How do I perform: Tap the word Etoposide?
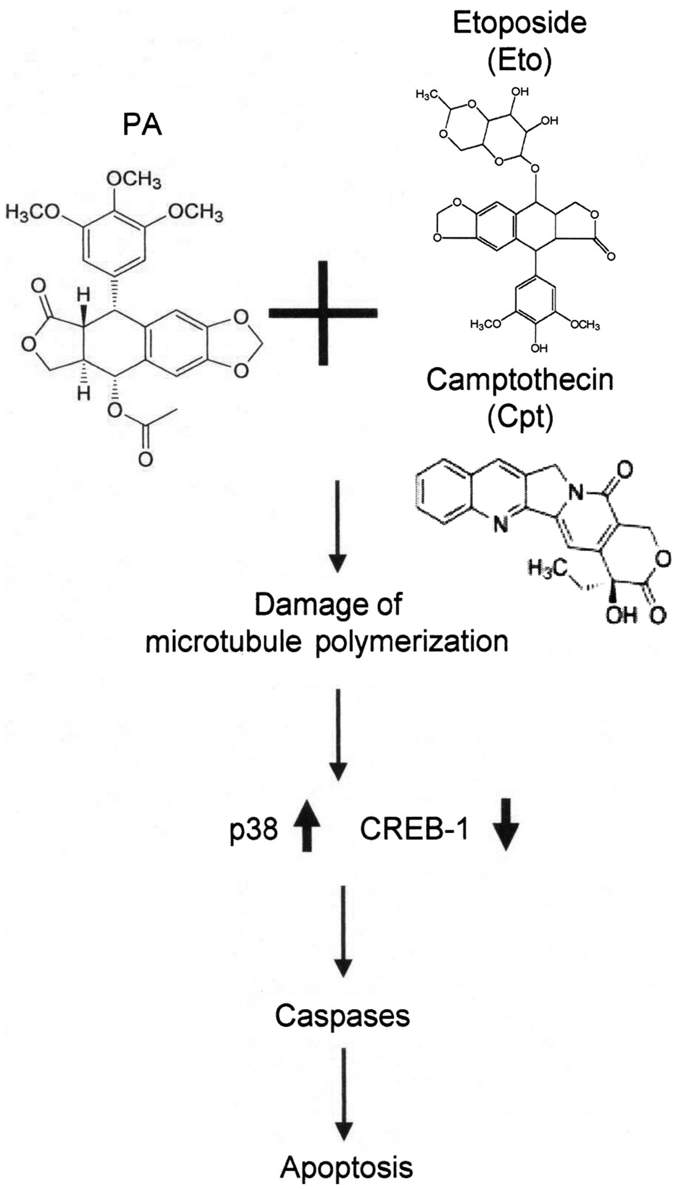[519, 23]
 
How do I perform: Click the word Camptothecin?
[520, 380]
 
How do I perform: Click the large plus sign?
[323, 313]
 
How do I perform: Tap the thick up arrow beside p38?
[306, 825]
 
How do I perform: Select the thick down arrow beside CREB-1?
[506, 824]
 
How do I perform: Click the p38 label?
[254, 829]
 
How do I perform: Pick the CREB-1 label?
[414, 829]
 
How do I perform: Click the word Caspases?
[342, 1016]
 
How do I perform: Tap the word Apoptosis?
[346, 1167]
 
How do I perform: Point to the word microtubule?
[223, 642]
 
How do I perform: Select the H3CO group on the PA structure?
[33, 212]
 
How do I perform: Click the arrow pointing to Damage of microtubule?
[337, 526]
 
